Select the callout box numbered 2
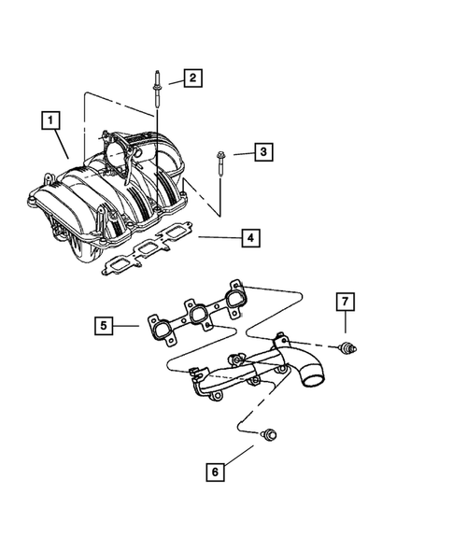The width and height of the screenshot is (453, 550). (x=191, y=78)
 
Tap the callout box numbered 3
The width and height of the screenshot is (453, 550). (x=263, y=151)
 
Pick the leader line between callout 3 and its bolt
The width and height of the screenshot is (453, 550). (x=239, y=153)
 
